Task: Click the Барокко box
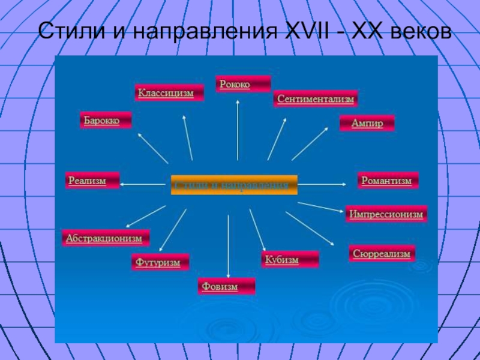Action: coord(106,121)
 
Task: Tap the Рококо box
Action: coord(243,85)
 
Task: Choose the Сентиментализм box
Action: coord(316,99)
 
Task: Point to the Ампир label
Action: coord(367,123)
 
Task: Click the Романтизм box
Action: coord(388,181)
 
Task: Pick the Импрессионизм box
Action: coord(386,214)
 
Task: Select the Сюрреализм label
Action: coord(382,254)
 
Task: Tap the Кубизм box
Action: coord(290,260)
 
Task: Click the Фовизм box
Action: coord(226,287)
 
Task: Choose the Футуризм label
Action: coord(160,263)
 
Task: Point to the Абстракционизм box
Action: coord(106,238)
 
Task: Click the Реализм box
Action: coord(92,180)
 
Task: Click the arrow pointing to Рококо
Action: coord(238,129)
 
